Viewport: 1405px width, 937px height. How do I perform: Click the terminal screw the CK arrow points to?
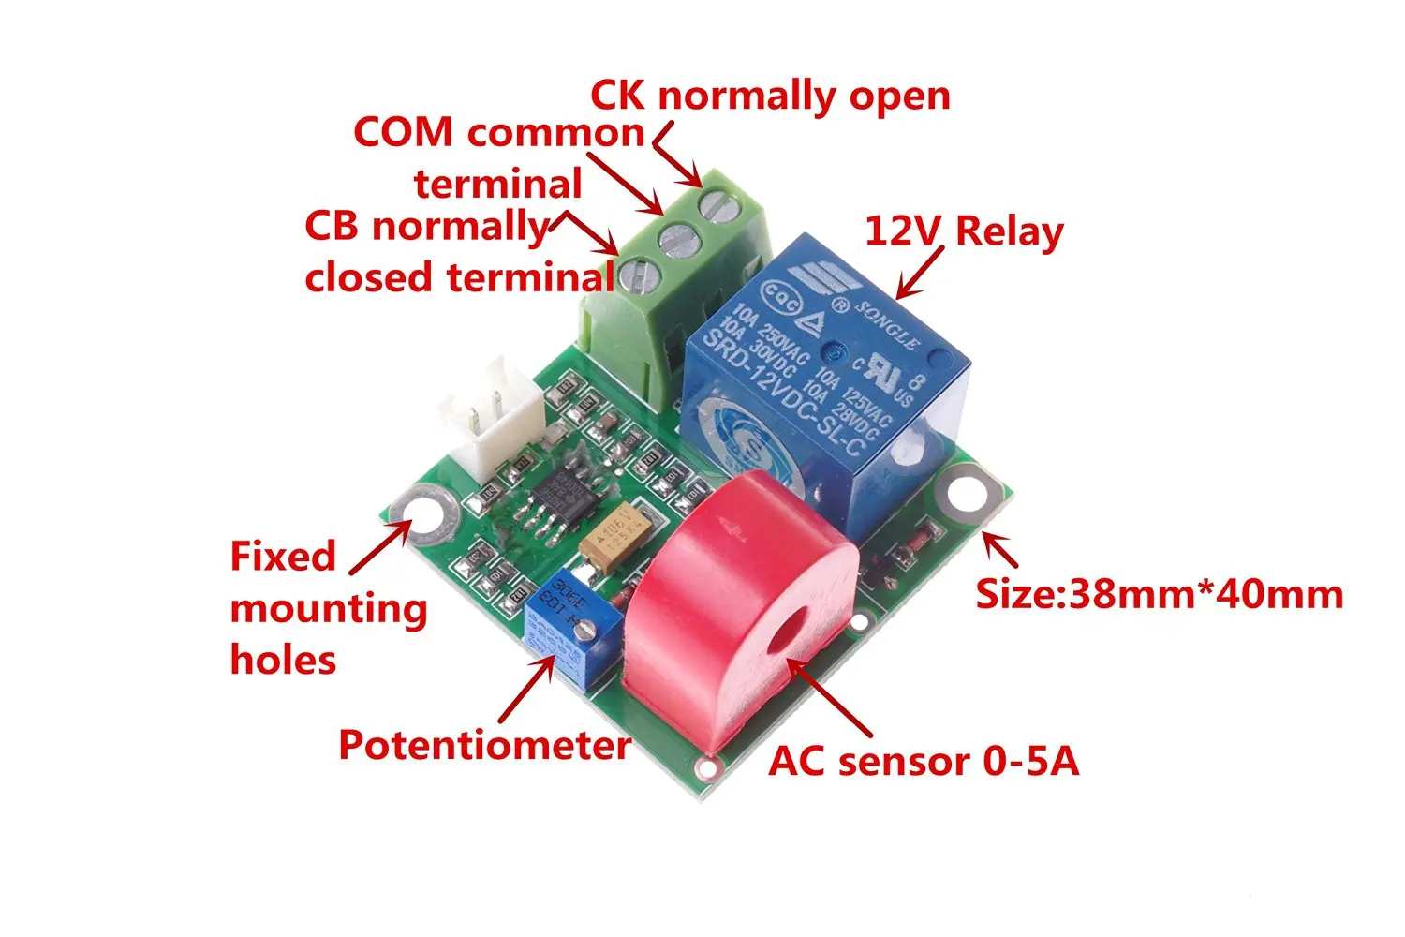717,204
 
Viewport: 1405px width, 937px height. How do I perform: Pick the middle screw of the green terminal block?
679,239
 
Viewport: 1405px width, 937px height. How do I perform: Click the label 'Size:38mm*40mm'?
1160,594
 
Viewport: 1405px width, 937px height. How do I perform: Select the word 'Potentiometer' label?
484,745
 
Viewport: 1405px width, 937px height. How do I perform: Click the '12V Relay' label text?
964,231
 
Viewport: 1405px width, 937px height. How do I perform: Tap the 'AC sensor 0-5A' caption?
924,761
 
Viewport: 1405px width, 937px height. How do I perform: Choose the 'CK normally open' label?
770,96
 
